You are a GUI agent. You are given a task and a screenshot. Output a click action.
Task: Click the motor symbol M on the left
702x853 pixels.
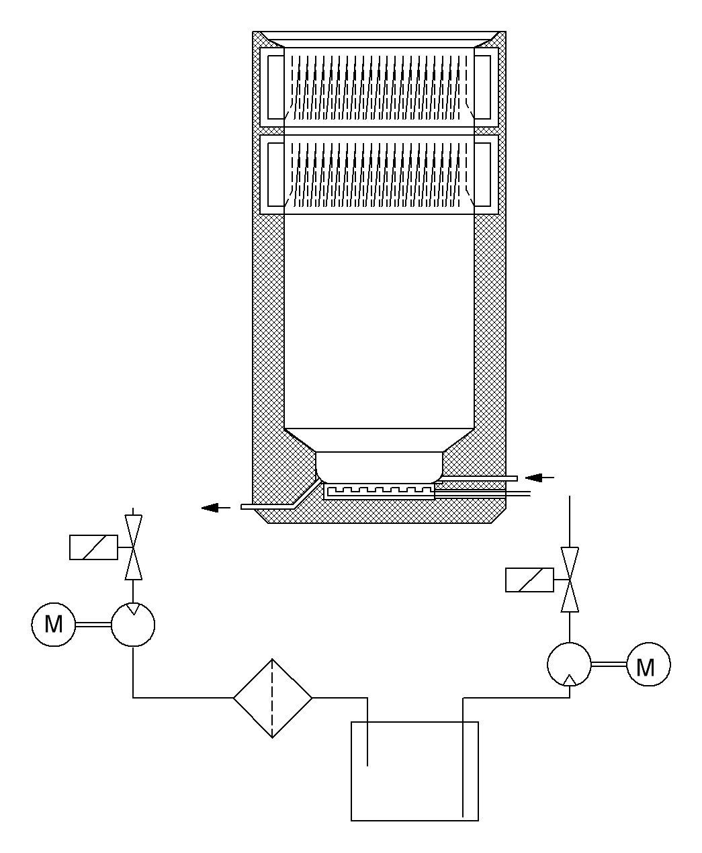53,625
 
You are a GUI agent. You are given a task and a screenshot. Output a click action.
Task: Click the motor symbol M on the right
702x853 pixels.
648,666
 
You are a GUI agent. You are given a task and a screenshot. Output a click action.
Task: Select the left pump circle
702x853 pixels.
133,625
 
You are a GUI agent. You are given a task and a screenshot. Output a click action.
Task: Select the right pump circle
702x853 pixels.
569,665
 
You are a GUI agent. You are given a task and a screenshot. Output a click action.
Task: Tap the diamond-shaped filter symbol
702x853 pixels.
272,698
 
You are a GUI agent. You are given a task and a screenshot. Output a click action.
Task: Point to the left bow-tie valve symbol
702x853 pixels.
134,547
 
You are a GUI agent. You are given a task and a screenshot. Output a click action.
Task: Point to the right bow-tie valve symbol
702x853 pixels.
570,579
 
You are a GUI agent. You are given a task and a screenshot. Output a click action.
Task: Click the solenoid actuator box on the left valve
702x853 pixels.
93,547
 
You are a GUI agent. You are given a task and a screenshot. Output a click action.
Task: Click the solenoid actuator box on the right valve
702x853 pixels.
529,580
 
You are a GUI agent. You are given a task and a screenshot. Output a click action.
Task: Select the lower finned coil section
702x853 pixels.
380,173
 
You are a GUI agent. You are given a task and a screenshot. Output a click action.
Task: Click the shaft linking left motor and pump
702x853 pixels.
93,625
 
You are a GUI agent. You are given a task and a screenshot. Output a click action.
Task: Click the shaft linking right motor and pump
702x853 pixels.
609,666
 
